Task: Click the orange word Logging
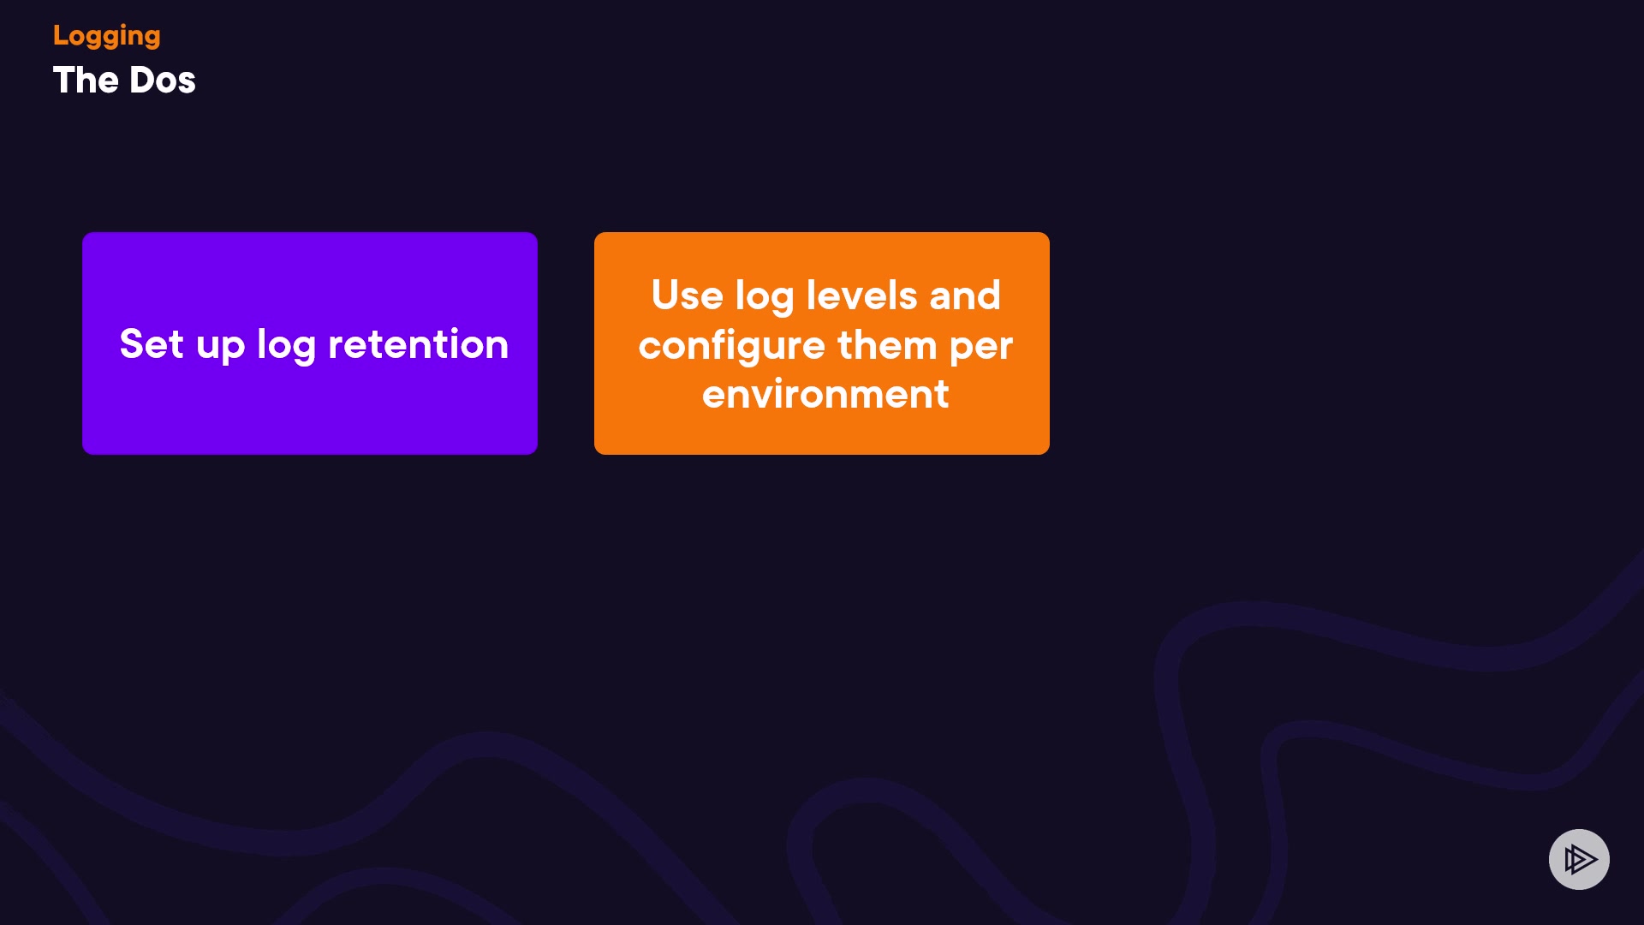coord(106,36)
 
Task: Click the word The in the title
coord(86,81)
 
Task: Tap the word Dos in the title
coord(163,81)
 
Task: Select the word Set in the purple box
coord(152,344)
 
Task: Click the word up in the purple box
coord(221,348)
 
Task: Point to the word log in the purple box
coord(286,346)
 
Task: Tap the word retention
coord(419,344)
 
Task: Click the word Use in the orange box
coord(688,295)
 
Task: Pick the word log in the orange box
coord(765,297)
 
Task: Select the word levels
coord(862,295)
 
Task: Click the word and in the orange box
coord(965,295)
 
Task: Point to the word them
coord(887,345)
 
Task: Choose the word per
coord(981,349)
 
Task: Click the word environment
coord(825,395)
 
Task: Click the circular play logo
coord(1579,859)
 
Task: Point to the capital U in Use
coord(665,295)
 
